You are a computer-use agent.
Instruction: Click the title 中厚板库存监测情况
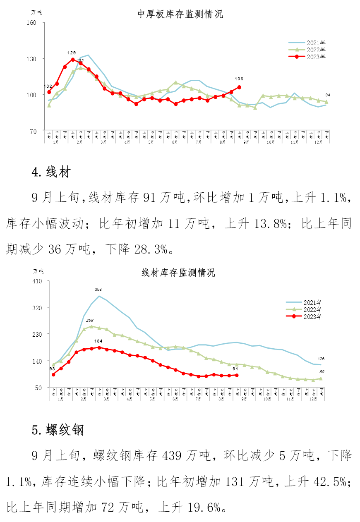tap(180, 14)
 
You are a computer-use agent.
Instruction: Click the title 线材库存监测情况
tap(178, 273)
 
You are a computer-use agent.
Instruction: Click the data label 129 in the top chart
tap(72, 53)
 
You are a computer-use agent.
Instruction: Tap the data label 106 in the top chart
tap(239, 79)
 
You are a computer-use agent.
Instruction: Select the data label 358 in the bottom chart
tap(98, 289)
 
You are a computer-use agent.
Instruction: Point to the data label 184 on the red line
tap(98, 341)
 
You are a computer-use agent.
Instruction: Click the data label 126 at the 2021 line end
tap(322, 359)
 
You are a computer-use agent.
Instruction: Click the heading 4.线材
tap(51, 172)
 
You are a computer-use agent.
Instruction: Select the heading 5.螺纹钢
tap(58, 430)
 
